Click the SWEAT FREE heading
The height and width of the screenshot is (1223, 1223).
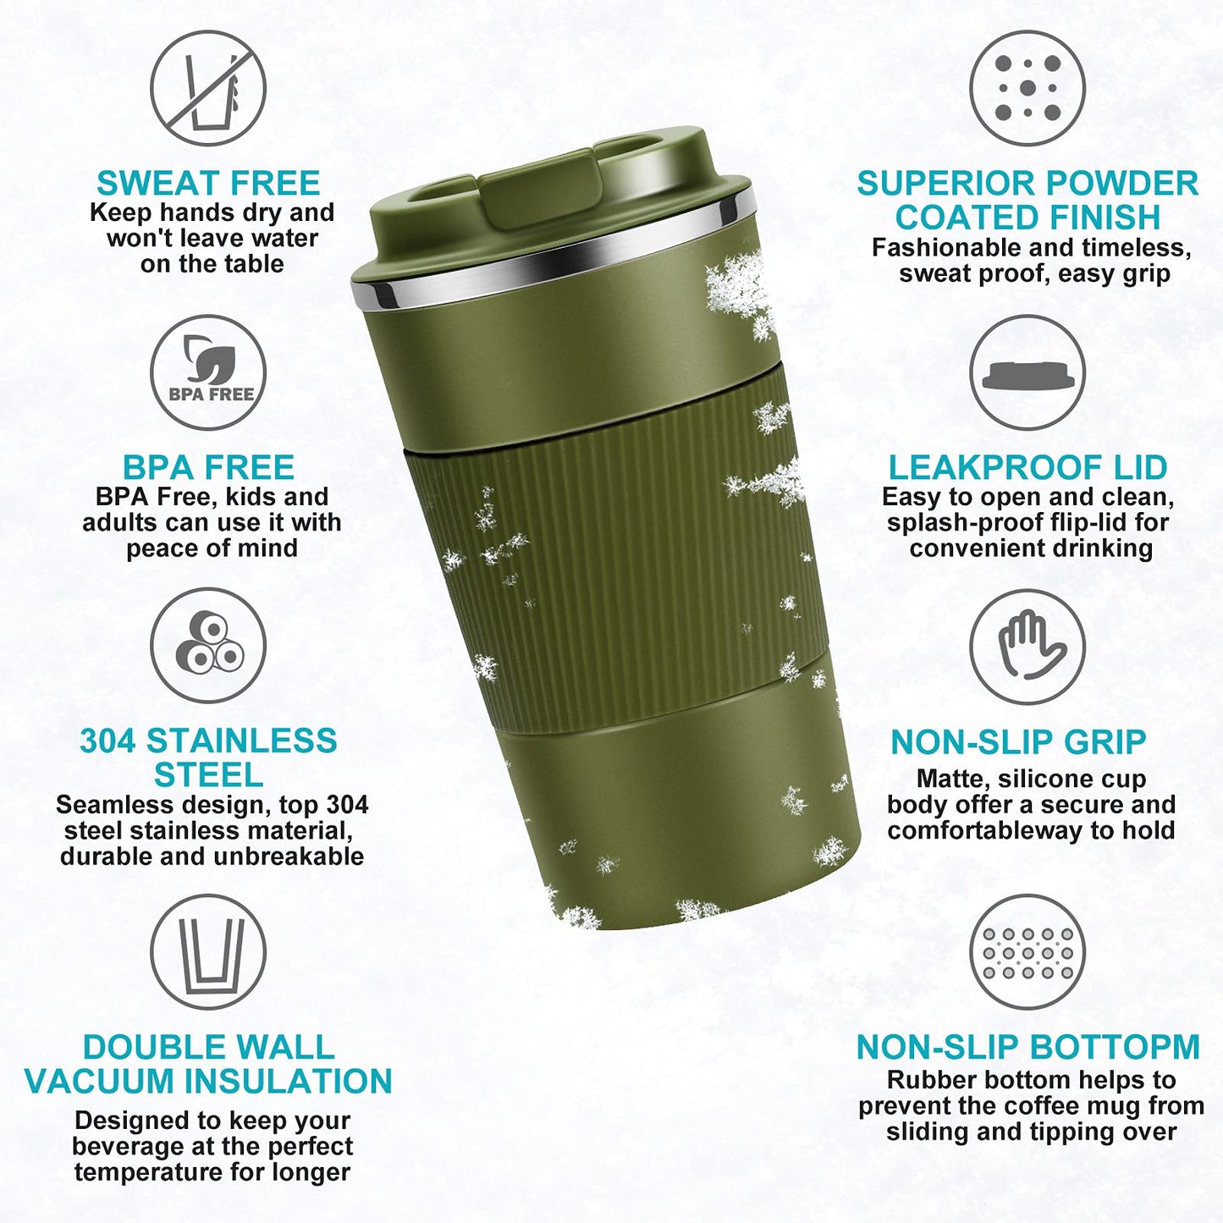click(x=208, y=184)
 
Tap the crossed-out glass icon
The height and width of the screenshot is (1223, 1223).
click(x=208, y=89)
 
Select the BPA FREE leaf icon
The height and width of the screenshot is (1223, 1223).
click(x=208, y=372)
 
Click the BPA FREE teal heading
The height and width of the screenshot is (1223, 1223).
click(x=208, y=467)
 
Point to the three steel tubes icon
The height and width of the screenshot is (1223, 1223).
click(x=208, y=645)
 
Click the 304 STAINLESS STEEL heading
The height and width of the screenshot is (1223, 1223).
click(x=208, y=757)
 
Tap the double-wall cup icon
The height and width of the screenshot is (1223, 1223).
click(x=208, y=951)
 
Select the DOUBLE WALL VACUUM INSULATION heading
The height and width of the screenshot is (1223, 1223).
click(x=208, y=1065)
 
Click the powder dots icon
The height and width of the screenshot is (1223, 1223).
click(x=1027, y=88)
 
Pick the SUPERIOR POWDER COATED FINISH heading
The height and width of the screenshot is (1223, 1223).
click(x=1027, y=201)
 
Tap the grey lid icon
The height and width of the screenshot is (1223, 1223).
click(x=1027, y=373)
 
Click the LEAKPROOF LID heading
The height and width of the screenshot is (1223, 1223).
click(x=1027, y=467)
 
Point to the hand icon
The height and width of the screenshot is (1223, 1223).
click(x=1027, y=646)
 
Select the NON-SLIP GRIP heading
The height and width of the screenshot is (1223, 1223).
click(x=1018, y=742)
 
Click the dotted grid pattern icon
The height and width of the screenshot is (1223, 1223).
click(x=1027, y=951)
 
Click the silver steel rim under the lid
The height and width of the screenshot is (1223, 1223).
click(x=550, y=254)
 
